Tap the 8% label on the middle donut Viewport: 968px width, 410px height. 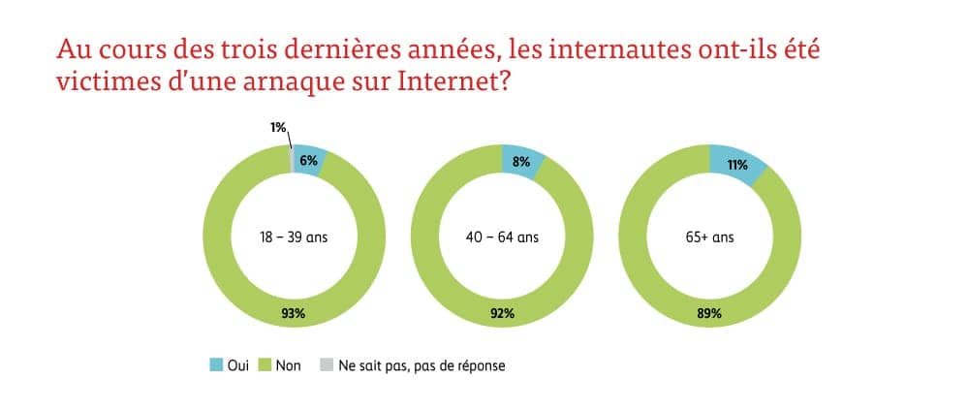pyautogui.click(x=521, y=162)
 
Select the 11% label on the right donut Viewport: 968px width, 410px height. pyautogui.click(x=735, y=165)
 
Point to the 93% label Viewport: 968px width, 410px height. pyautogui.click(x=294, y=313)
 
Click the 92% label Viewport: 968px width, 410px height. pyautogui.click(x=502, y=313)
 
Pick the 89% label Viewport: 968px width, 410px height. pyautogui.click(x=709, y=313)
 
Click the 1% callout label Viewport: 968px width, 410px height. pyautogui.click(x=278, y=127)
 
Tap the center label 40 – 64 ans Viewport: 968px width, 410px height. pyautogui.click(x=502, y=237)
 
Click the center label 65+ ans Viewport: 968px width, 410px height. pyautogui.click(x=709, y=237)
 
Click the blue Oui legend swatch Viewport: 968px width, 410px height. pyautogui.click(x=216, y=365)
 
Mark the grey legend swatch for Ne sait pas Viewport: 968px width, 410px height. pyautogui.click(x=326, y=365)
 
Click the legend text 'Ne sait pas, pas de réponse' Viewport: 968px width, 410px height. pyautogui.click(x=422, y=365)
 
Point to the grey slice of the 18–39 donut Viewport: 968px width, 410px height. pyautogui.click(x=291, y=157)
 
